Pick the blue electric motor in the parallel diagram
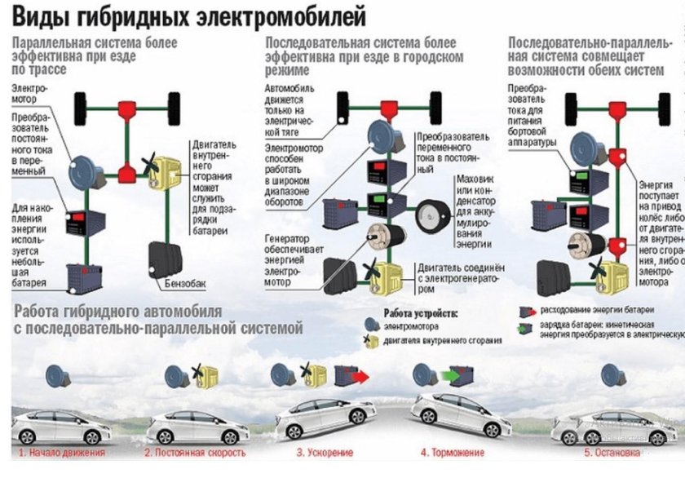pos(84,174)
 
